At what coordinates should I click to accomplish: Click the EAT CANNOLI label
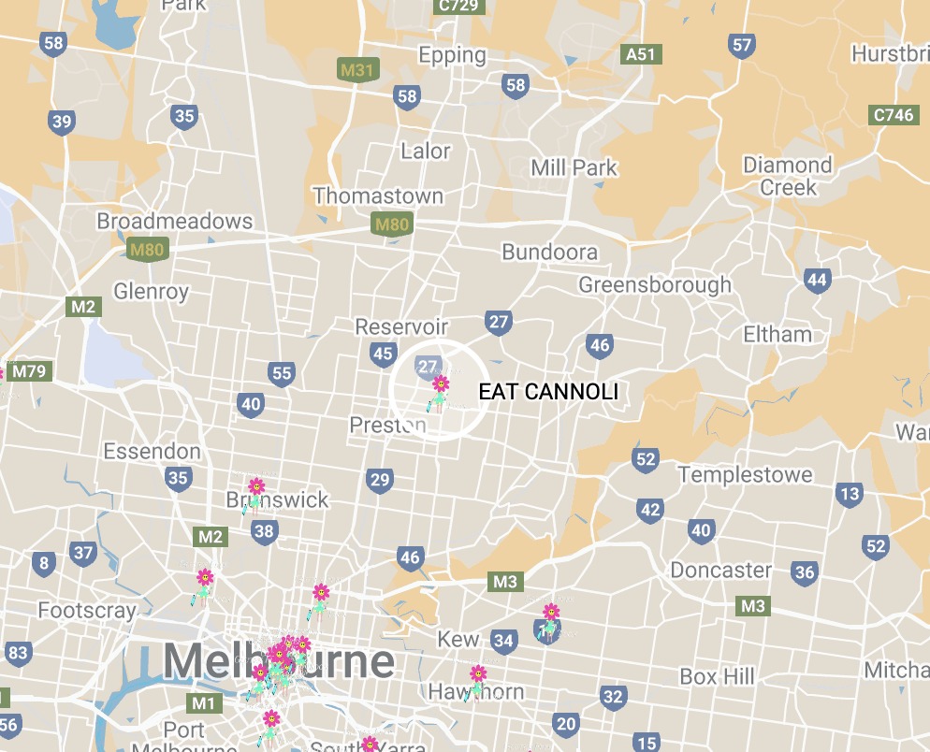click(548, 392)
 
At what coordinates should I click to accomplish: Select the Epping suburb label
click(452, 55)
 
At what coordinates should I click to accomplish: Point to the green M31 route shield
click(356, 69)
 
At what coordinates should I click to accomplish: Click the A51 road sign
click(641, 54)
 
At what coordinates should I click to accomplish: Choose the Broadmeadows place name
click(175, 222)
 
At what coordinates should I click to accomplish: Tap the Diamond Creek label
click(787, 176)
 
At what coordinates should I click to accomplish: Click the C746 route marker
click(892, 115)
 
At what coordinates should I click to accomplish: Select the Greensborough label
click(655, 284)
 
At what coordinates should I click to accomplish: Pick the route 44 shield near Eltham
click(817, 280)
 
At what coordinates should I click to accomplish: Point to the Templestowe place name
click(745, 475)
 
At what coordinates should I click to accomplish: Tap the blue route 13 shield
click(850, 494)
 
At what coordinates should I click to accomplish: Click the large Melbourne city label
click(279, 662)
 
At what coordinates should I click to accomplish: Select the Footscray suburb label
click(87, 611)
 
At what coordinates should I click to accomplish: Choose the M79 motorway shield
click(28, 371)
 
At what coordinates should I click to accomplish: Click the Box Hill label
click(717, 676)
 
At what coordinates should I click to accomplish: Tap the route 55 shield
click(282, 374)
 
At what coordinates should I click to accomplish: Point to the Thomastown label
click(378, 196)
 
